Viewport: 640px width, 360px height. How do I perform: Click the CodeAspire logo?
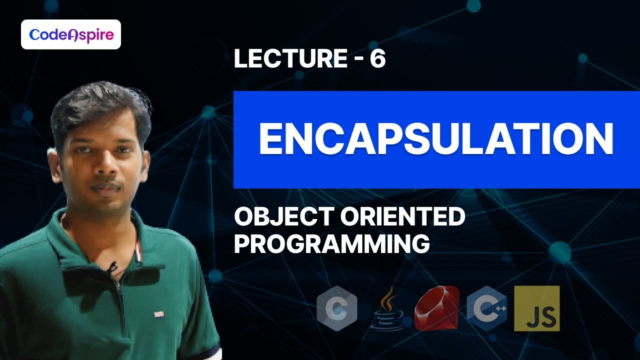71,34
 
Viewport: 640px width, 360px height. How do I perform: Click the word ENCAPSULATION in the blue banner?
435,139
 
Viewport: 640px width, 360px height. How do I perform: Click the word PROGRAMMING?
332,244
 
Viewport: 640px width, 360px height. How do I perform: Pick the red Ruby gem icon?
436,309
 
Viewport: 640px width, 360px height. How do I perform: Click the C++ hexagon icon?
486,308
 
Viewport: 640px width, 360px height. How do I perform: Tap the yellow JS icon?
536,308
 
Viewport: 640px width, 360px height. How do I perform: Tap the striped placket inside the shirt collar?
137,250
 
